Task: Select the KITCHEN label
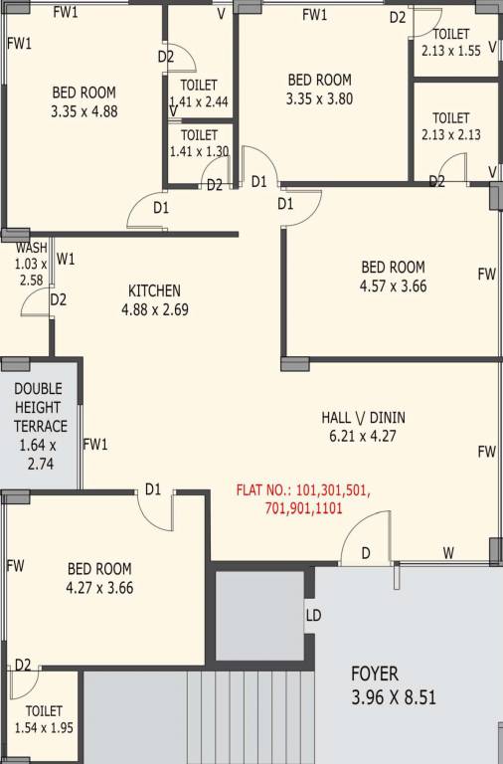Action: [x=154, y=290]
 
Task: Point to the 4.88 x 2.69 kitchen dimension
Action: [x=154, y=309]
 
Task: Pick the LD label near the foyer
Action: [x=313, y=616]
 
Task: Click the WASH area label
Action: [x=31, y=249]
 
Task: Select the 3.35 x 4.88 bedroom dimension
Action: [x=84, y=111]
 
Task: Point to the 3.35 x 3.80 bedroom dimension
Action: [x=319, y=98]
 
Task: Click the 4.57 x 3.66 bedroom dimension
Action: [x=393, y=286]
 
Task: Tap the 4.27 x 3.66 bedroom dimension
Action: [x=99, y=587]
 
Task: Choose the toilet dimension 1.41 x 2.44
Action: [x=199, y=100]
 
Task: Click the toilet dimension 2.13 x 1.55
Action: [x=451, y=49]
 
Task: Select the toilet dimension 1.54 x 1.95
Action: [x=44, y=728]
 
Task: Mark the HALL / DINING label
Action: [x=363, y=417]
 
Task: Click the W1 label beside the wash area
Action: [x=66, y=260]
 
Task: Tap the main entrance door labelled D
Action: [x=366, y=552]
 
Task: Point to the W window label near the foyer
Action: [x=448, y=553]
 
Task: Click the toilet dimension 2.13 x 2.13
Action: [x=451, y=135]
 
